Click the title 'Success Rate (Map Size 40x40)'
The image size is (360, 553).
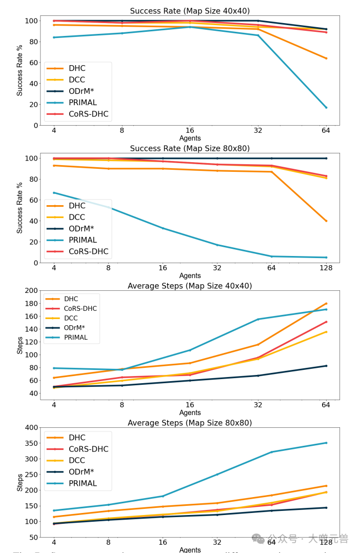[190, 11]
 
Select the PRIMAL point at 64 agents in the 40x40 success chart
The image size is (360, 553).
[326, 107]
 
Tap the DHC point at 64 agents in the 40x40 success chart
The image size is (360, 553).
[326, 58]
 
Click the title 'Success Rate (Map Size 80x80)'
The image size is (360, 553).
[190, 148]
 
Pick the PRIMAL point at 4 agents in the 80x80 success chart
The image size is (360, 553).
[54, 193]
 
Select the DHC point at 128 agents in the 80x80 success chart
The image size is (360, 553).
[326, 221]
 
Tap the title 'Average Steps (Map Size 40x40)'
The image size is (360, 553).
[190, 286]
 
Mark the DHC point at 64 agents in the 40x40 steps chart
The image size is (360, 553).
[326, 303]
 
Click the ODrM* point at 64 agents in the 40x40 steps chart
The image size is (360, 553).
[326, 366]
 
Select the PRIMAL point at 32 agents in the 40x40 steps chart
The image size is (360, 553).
[258, 319]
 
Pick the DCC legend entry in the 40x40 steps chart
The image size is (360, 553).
[72, 318]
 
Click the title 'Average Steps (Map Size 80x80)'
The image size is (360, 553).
[190, 423]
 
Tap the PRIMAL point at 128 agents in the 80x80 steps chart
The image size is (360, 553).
[326, 443]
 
